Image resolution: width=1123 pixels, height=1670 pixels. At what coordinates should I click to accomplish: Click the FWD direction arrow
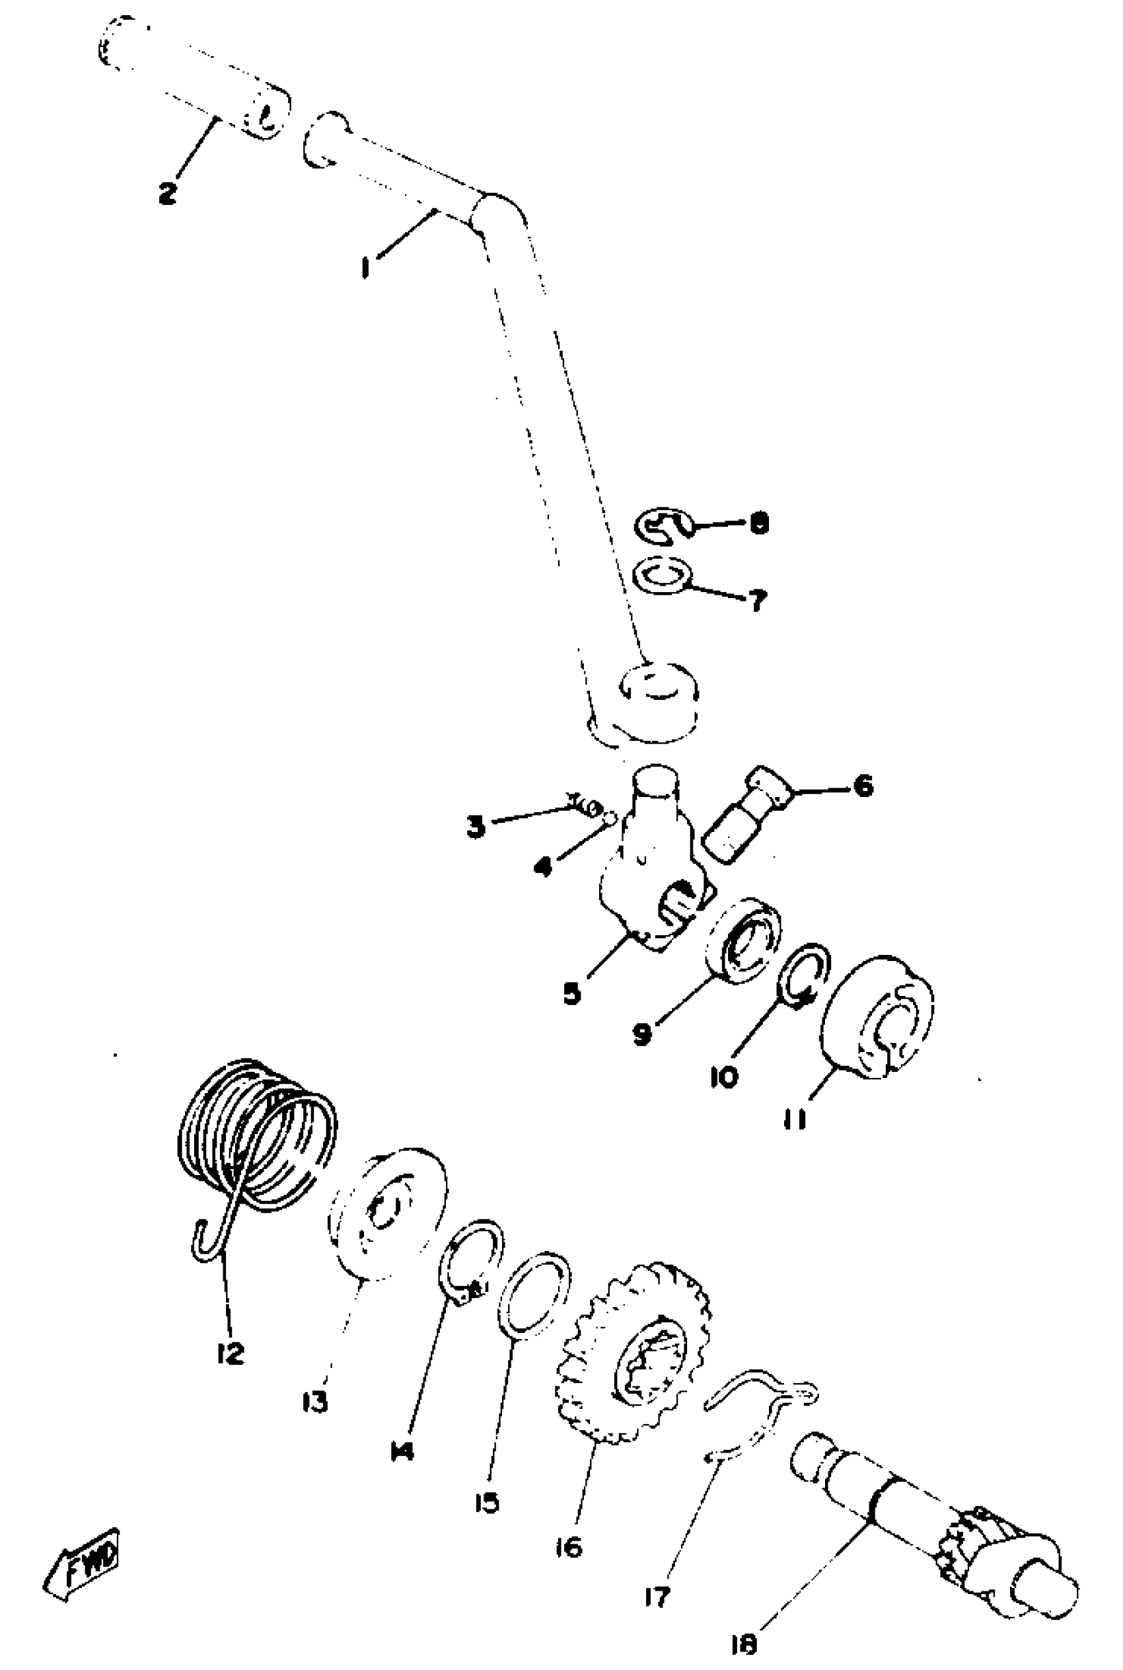point(83,1565)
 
